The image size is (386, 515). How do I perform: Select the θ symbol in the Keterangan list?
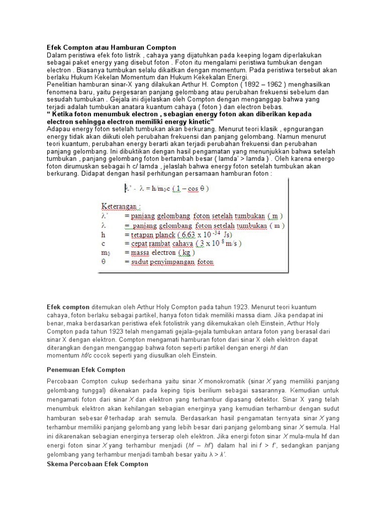pos(104,262)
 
